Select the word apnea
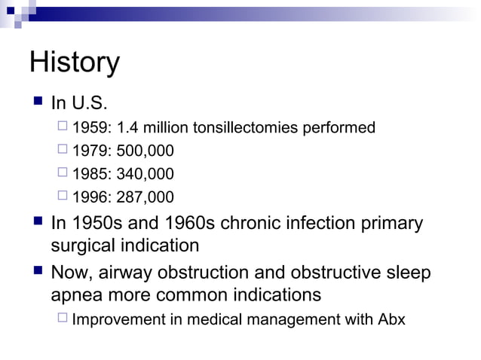[75, 294]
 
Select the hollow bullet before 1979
[63, 151]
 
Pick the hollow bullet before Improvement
[63, 319]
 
